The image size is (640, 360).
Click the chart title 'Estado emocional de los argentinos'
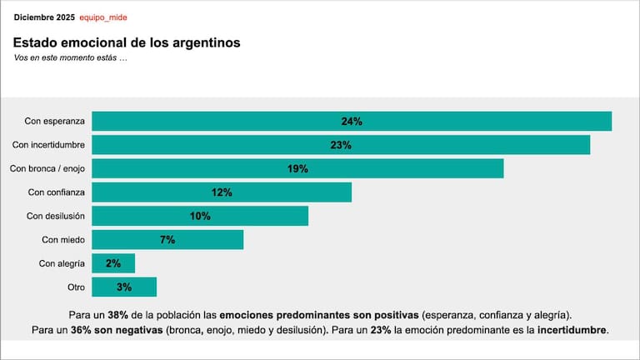tap(127, 42)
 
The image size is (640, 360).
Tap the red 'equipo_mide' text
tap(103, 17)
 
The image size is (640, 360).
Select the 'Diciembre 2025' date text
tap(43, 17)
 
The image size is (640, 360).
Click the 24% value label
tap(352, 121)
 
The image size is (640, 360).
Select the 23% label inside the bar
tap(341, 145)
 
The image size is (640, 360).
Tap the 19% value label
tap(297, 168)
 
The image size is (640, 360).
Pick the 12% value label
tap(221, 192)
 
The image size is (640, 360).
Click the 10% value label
tap(200, 216)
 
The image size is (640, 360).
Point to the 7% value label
tap(167, 240)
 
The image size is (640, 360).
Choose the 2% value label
tap(113, 263)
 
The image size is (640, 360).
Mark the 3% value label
tap(124, 287)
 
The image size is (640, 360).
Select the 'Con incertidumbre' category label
tap(47, 145)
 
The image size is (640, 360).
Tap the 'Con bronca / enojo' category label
tap(47, 168)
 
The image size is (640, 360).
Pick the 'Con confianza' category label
tap(55, 192)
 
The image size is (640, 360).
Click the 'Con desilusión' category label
tap(55, 216)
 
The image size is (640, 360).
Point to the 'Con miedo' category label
tap(63, 240)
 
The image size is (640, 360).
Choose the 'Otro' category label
tap(75, 287)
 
